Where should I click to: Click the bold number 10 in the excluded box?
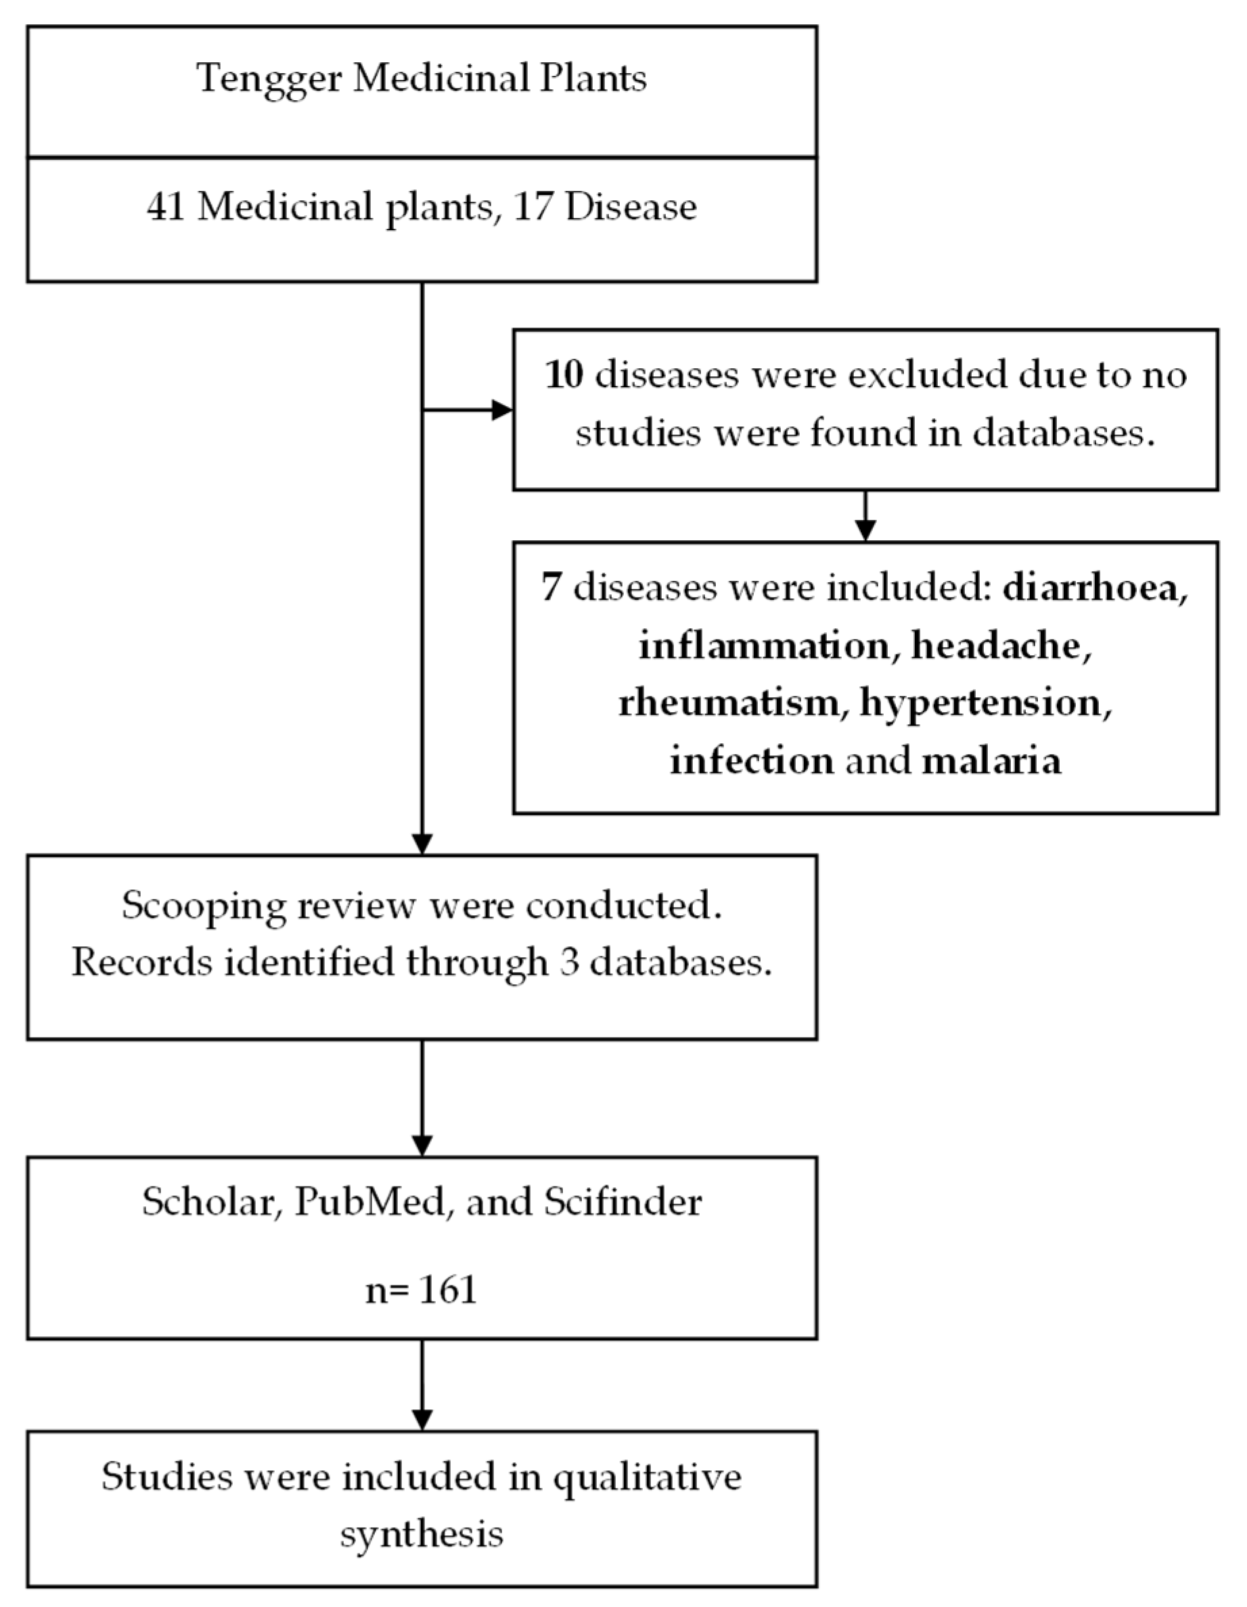tap(564, 375)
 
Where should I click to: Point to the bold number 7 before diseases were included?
tap(551, 587)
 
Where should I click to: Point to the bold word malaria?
tap(991, 760)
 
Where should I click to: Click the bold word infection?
tap(752, 760)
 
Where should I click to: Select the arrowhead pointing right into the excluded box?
tap(502, 410)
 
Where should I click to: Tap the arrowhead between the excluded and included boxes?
tap(865, 530)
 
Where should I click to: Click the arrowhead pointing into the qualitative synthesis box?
tap(422, 1419)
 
